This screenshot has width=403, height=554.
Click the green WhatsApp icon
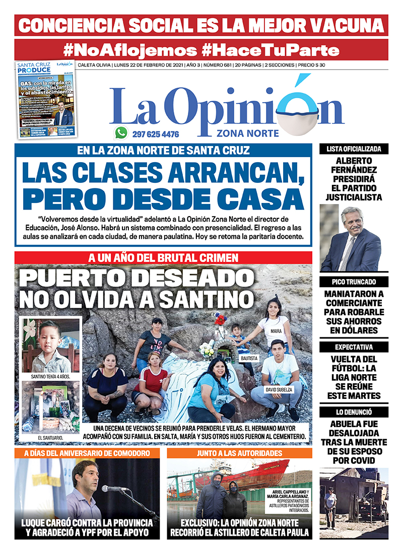[121, 133]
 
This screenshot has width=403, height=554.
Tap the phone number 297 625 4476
[156, 134]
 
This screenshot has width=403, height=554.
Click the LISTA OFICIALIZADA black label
[354, 149]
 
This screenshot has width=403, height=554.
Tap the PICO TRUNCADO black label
[354, 282]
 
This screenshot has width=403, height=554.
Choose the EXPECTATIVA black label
[354, 347]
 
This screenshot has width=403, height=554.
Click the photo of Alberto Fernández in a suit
[354, 238]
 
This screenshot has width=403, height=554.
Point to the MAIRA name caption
[275, 331]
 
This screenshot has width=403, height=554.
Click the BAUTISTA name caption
[248, 358]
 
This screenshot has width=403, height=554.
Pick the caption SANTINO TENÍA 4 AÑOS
[50, 376]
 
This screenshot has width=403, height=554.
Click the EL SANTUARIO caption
[50, 438]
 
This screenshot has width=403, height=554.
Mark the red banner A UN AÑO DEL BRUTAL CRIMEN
[163, 258]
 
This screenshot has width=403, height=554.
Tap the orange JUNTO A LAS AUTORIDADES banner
[239, 453]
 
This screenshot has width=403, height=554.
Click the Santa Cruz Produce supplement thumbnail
[46, 100]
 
